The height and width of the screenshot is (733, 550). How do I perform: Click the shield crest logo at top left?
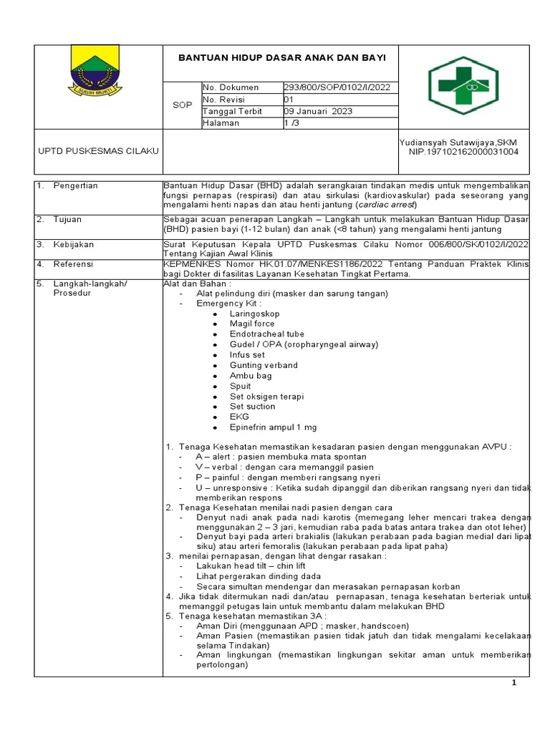pos(97,69)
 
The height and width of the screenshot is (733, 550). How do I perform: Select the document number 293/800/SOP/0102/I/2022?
pos(337,87)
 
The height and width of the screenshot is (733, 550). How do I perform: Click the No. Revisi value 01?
pos(289,99)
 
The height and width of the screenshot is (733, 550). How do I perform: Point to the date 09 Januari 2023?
pos(318,112)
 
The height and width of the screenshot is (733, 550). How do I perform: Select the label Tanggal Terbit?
pos(233,112)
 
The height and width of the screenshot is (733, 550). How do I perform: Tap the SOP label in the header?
pos(183,105)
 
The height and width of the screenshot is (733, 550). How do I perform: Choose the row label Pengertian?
pos(75,186)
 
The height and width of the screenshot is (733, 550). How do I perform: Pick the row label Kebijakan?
pos(74,245)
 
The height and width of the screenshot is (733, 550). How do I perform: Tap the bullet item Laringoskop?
pos(254,314)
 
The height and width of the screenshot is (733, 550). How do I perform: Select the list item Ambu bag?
pos(251,375)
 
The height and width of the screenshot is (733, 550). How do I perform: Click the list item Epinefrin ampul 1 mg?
pos(273,427)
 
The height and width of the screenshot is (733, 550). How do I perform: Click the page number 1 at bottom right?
pos(514,683)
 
